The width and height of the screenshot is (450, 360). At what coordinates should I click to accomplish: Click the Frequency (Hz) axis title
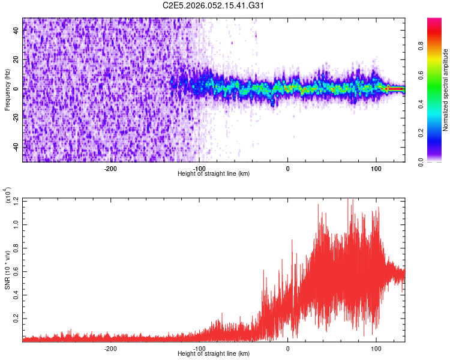7,89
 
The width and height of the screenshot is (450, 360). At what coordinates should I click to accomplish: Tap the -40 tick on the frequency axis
16,147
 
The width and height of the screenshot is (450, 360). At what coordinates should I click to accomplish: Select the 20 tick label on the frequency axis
16,59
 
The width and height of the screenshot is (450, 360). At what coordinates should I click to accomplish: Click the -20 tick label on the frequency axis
16,118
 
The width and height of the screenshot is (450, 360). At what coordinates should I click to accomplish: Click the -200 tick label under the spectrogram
110,168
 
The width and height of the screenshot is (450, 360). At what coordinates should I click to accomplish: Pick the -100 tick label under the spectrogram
199,168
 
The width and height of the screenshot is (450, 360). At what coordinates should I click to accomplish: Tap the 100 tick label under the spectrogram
376,168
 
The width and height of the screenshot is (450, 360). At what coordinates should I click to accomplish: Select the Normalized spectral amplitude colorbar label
446,89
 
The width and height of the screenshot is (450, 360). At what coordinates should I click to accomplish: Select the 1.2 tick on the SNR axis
16,200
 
